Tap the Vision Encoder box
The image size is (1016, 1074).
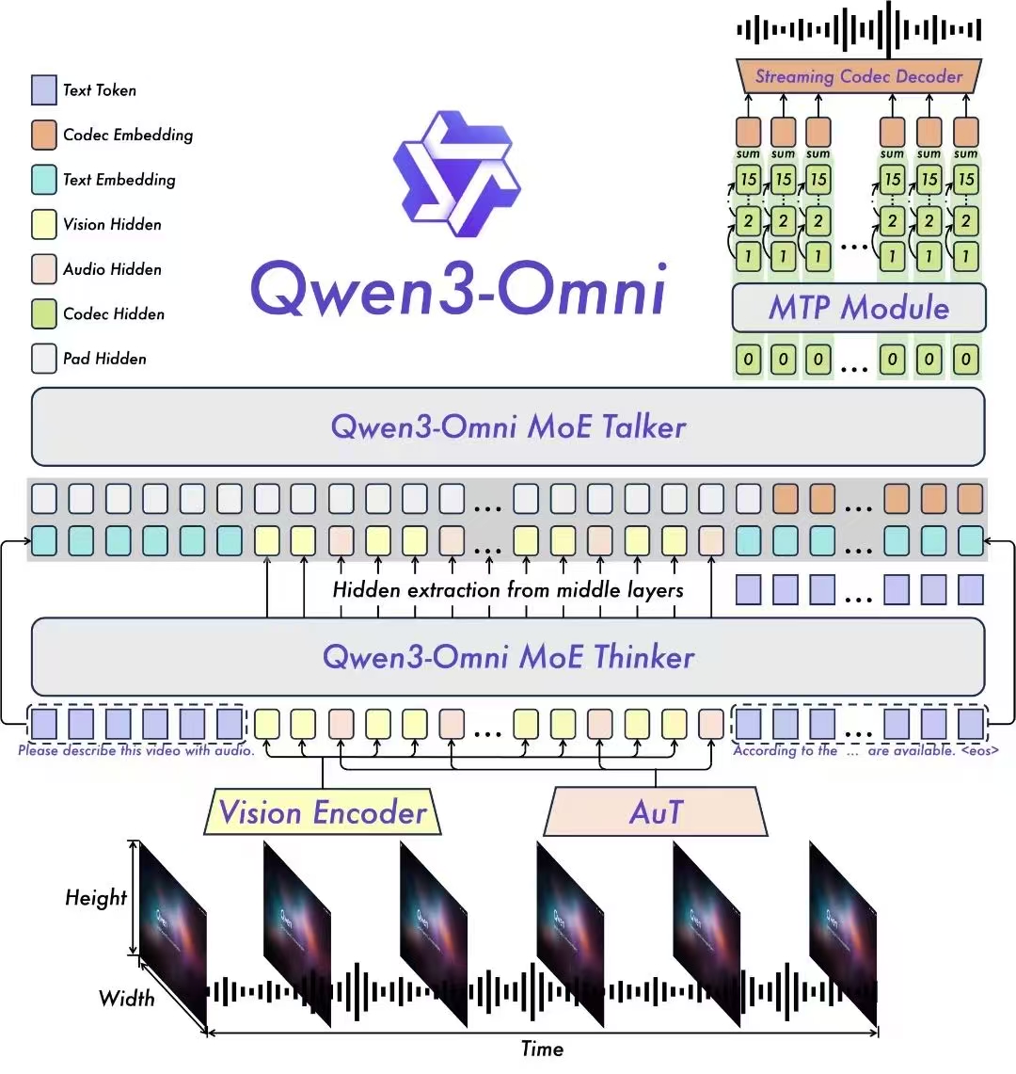click(323, 812)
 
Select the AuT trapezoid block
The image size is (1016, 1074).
click(656, 812)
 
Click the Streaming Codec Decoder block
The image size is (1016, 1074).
click(859, 76)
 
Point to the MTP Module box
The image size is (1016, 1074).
click(859, 308)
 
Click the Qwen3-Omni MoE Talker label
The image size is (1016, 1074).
click(508, 426)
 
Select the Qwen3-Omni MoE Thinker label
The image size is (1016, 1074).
click(508, 656)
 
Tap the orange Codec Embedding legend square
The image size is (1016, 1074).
click(44, 135)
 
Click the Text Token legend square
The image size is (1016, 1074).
click(44, 90)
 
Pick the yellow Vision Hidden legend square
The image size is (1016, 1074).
click(44, 224)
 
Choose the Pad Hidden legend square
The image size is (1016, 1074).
click(44, 359)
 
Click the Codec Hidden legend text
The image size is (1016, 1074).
click(114, 313)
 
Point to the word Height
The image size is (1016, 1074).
click(95, 897)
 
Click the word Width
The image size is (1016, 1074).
click(126, 997)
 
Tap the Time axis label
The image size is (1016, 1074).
click(542, 1049)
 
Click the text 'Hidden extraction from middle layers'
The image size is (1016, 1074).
click(508, 590)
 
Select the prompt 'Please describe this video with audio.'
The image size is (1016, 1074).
click(136, 751)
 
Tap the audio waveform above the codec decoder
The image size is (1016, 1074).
click(859, 30)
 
